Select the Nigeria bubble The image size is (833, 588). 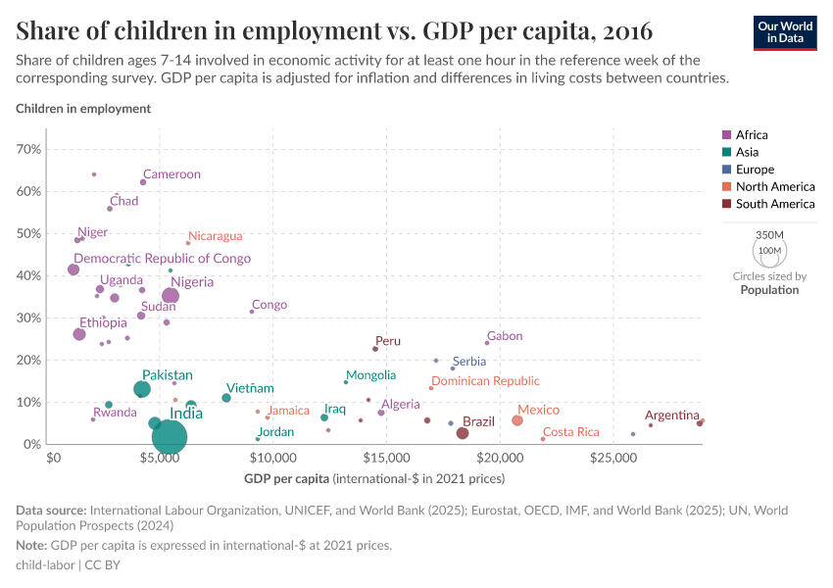pyautogui.click(x=171, y=295)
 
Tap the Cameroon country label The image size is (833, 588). pyautogui.click(x=171, y=174)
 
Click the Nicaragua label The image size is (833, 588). pyautogui.click(x=215, y=236)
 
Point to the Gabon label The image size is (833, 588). pyautogui.click(x=504, y=336)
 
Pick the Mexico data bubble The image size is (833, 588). pyautogui.click(x=517, y=420)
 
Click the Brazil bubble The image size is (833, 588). pyautogui.click(x=463, y=433)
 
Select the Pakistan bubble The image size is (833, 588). pyautogui.click(x=142, y=389)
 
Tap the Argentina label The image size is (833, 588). pyautogui.click(x=671, y=416)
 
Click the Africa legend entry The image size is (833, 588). pyautogui.click(x=753, y=134)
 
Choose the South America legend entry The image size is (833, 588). pyautogui.click(x=774, y=204)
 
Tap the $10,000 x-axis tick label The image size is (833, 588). pyautogui.click(x=276, y=458)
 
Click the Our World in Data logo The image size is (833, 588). pyautogui.click(x=786, y=32)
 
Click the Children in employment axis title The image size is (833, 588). pyautogui.click(x=83, y=109)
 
